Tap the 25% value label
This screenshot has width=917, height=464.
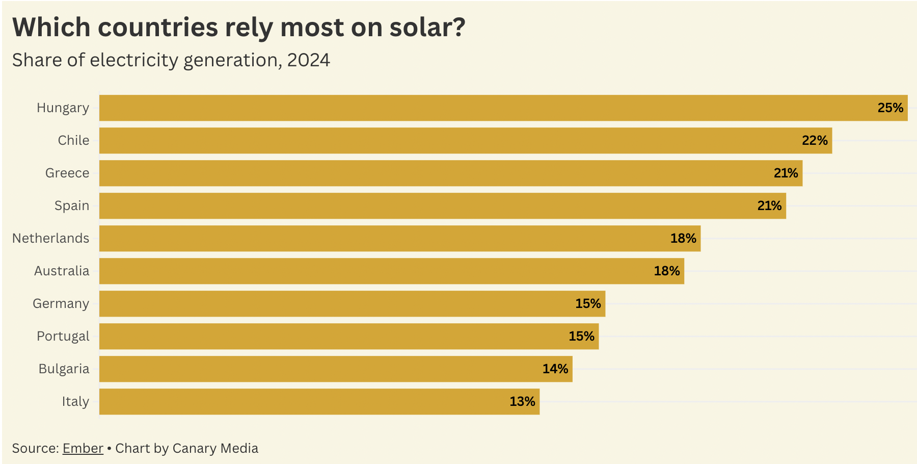coord(890,108)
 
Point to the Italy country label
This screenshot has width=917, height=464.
coord(75,402)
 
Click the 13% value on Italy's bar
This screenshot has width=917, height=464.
coord(522,402)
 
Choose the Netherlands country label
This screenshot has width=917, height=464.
coord(51,238)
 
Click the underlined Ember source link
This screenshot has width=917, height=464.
coord(83,448)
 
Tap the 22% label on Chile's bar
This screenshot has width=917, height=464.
coord(815,140)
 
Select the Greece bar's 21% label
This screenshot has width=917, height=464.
coord(786,173)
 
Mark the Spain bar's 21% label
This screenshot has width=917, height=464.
coord(769,205)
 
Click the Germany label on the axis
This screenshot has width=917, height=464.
coord(61,304)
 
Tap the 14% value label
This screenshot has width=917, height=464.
coord(555,369)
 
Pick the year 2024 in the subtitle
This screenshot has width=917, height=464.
coord(308,60)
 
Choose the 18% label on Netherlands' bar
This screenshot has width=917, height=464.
coord(683,238)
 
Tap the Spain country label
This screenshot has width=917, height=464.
coord(72,206)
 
